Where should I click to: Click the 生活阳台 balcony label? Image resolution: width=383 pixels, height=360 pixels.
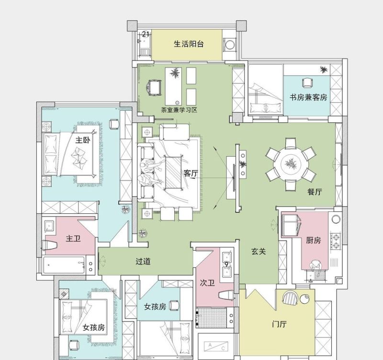tap(189, 44)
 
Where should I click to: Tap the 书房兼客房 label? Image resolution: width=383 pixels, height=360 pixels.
tap(308, 97)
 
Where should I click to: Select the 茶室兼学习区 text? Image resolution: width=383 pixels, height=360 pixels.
tap(180, 110)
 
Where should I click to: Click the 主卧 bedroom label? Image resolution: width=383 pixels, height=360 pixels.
tap(83, 140)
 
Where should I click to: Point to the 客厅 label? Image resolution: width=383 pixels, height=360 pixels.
tap(191, 174)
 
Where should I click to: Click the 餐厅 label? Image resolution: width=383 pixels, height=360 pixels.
tap(315, 192)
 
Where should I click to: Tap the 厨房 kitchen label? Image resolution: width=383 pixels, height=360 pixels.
tap(313, 240)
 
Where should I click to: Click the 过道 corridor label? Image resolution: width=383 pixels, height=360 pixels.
tap(143, 261)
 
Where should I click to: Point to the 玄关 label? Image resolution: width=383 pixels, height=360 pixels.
tap(259, 251)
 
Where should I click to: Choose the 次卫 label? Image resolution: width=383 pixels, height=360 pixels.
tap(207, 283)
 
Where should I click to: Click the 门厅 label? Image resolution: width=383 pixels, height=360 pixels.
tap(279, 325)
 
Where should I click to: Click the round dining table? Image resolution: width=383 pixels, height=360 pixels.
tap(291, 164)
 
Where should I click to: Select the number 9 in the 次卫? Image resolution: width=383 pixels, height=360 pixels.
tap(226, 264)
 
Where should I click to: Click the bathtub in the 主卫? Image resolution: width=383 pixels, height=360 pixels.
tap(65, 265)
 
